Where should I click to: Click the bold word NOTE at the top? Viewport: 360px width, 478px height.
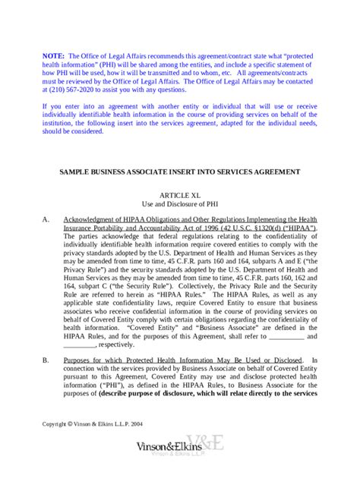(x=52, y=55)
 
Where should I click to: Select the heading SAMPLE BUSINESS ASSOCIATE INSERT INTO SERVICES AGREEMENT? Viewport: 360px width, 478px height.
(x=181, y=171)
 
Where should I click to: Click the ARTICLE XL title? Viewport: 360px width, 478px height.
(x=180, y=195)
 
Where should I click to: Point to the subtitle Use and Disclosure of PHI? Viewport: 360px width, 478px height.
(x=180, y=204)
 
